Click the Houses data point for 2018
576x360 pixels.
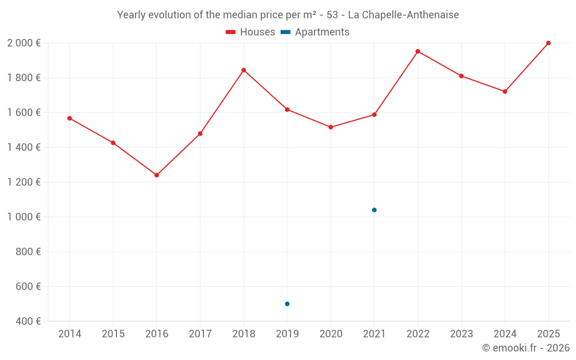pos(244,70)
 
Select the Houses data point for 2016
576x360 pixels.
pos(157,175)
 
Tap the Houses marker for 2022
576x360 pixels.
pos(418,51)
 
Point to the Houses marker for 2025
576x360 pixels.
pos(548,43)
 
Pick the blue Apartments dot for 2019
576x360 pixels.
pos(287,304)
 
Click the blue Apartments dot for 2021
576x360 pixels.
pos(374,210)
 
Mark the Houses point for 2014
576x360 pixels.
pos(70,118)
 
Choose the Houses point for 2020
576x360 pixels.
pos(331,127)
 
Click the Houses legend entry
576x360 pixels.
pos(251,32)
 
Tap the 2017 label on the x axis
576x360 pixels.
pos(200,334)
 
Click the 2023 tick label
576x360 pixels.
pos(461,334)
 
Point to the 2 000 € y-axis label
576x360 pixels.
pos(24,43)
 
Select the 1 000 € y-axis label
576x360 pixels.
pos(24,217)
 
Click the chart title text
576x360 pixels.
pos(288,15)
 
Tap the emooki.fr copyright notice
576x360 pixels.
pos(526,348)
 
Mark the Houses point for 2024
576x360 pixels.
pos(505,92)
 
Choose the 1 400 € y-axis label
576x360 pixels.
pos(24,147)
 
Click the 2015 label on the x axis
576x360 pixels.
pos(113,334)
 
